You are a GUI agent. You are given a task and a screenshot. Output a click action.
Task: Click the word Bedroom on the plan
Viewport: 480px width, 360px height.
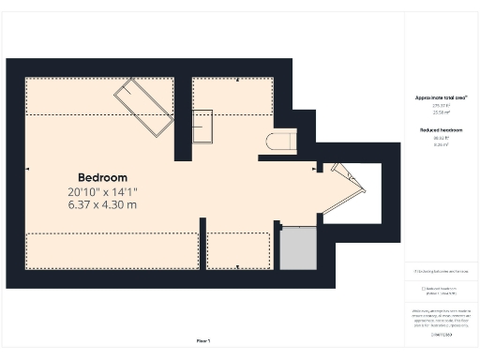[102, 177]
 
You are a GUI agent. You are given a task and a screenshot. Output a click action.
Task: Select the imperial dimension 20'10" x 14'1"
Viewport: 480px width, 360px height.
[102, 192]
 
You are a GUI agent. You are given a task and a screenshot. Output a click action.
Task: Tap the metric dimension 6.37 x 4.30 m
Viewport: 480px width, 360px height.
[102, 204]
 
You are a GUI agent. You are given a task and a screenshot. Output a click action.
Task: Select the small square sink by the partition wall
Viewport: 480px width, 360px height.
[202, 126]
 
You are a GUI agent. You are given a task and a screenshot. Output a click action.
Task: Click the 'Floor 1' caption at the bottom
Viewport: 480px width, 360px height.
[203, 340]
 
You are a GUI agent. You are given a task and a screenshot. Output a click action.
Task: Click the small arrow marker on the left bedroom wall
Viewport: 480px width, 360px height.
[28, 170]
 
